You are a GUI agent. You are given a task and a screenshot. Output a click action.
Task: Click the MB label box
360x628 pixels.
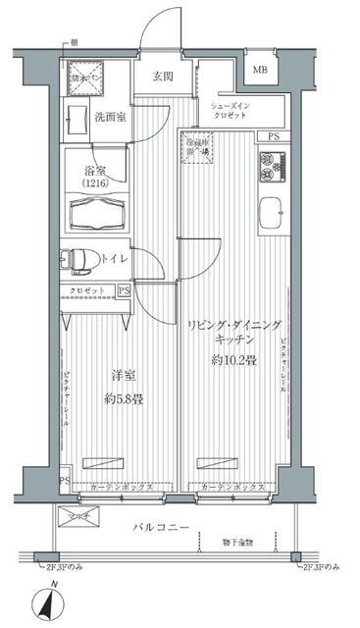point(260,71)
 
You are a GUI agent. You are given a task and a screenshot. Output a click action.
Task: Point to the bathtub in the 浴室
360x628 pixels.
point(96,209)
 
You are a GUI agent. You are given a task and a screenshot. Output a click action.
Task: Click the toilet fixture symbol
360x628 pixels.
point(78,260)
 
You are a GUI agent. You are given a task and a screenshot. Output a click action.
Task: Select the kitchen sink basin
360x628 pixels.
point(271,215)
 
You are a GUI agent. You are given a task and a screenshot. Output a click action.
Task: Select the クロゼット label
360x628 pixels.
point(88,291)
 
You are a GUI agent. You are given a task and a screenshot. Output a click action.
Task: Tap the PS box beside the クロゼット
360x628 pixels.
point(124,290)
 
